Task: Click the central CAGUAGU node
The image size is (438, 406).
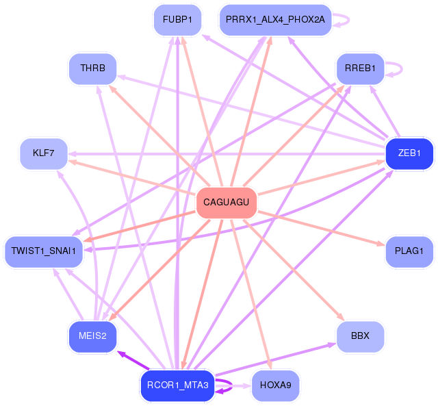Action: [227, 203]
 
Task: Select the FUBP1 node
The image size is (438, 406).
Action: [177, 20]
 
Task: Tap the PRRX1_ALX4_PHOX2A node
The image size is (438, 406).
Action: [276, 20]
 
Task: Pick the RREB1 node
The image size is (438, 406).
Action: [360, 68]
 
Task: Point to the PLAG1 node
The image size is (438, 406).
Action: [409, 251]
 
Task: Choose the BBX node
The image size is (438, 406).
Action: [360, 336]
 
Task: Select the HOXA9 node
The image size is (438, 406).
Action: [276, 385]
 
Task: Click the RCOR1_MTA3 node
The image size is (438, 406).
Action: [177, 385]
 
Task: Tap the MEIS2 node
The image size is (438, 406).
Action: [92, 336]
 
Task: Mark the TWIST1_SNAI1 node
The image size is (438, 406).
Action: [43, 251]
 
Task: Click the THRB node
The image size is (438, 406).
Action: [92, 68]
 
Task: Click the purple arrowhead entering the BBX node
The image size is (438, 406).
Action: [332, 344]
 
